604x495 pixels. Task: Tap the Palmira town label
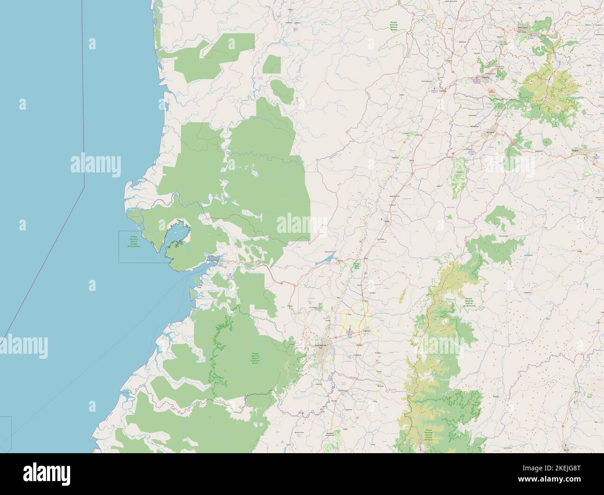coord(366,331)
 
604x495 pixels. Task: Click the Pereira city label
coord(486,79)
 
